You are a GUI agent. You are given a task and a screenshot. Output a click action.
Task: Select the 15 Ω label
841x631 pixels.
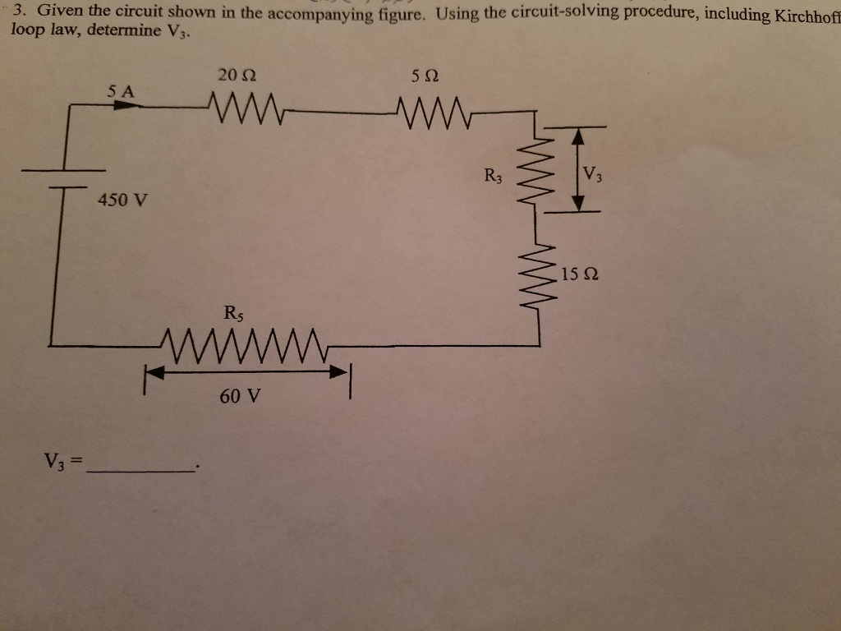tap(580, 274)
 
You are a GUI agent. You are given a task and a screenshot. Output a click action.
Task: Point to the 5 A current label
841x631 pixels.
tap(121, 91)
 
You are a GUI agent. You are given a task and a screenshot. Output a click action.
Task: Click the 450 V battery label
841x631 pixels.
tap(122, 200)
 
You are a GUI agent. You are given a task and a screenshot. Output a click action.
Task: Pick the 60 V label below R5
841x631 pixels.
tap(240, 396)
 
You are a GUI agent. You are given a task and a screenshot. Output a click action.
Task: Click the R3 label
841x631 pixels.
tap(494, 175)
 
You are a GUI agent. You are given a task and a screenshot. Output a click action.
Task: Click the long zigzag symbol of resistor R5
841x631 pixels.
tap(244, 339)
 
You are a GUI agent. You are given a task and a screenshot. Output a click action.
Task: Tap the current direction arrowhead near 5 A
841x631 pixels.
tap(124, 106)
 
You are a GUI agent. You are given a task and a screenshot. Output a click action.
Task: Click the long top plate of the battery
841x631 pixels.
tap(64, 170)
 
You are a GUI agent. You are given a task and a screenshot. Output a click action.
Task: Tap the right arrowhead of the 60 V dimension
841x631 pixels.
tap(338, 372)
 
